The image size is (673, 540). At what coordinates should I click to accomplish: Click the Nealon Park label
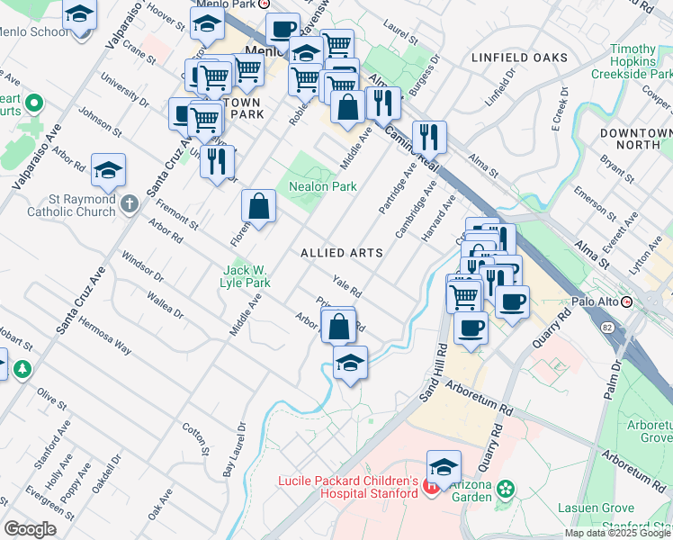(x=322, y=187)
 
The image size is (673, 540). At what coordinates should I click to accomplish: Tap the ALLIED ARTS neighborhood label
(x=342, y=254)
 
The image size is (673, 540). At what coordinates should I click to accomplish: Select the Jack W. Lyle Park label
(x=246, y=276)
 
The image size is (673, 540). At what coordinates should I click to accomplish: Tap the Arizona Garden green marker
(x=506, y=489)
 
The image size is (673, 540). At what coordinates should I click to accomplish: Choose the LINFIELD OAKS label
(x=520, y=58)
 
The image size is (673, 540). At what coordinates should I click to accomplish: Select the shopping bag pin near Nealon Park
(x=258, y=207)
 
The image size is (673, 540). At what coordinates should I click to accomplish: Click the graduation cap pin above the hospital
(x=444, y=467)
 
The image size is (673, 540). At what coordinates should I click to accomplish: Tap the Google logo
(x=30, y=529)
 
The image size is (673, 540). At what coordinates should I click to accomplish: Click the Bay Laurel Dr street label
(x=234, y=449)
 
